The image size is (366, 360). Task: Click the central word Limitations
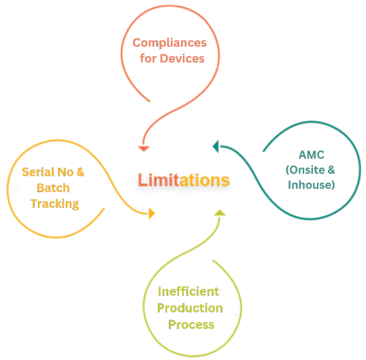(x=184, y=180)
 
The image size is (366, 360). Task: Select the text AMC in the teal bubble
(x=311, y=154)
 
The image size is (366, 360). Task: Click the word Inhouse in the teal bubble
(x=312, y=184)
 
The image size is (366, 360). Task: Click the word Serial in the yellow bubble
(x=38, y=172)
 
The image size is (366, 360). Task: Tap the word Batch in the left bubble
(x=53, y=188)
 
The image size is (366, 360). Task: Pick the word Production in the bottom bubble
(x=190, y=307)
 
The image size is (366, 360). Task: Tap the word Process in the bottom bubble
(x=190, y=324)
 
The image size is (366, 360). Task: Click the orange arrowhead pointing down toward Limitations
(x=143, y=146)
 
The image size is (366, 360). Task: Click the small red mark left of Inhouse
(x=284, y=190)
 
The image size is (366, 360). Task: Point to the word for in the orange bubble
(x=148, y=58)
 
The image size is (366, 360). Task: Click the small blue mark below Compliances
(x=130, y=66)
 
